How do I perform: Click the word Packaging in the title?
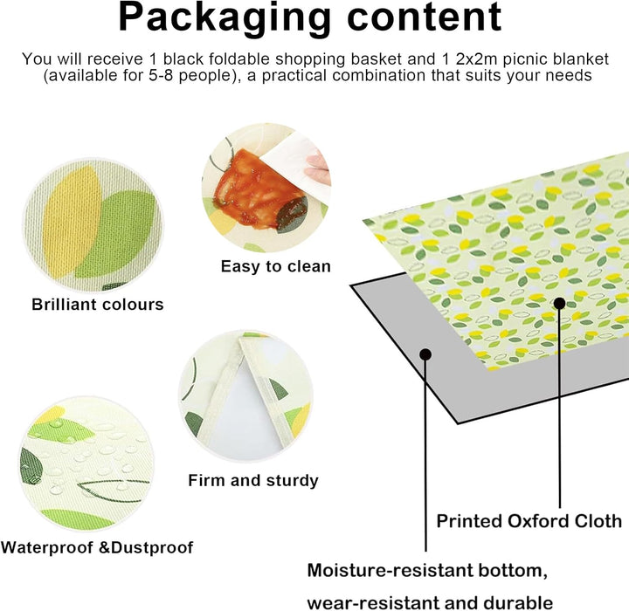[225, 19]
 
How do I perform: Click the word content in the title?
[425, 17]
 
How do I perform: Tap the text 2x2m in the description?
[476, 59]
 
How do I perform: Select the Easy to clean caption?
[276, 266]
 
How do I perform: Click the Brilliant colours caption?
[98, 305]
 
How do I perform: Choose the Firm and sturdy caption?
[253, 480]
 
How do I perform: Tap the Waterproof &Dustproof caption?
[97, 547]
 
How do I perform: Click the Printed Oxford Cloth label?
[529, 521]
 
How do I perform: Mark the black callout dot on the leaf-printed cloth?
[560, 303]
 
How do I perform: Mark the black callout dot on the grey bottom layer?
[425, 354]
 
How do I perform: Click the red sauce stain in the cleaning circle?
[257, 189]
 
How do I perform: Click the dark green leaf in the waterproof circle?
[31, 465]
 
